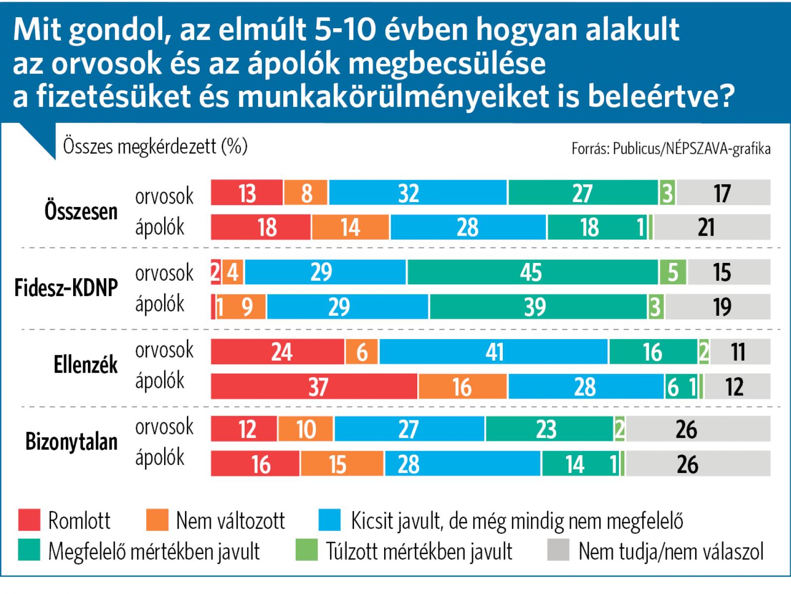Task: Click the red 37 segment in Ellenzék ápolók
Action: pos(314,386)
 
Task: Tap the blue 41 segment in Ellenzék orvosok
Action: pos(493,352)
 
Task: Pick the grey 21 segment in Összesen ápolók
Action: pos(712,227)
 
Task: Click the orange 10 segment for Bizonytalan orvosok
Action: pos(306,428)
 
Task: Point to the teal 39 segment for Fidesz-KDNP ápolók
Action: pos(538,307)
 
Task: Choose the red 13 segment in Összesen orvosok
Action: pos(247,193)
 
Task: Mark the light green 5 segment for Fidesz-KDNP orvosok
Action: pos(673,272)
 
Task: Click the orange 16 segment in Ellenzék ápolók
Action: pos(463,386)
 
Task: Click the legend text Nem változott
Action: pos(230,521)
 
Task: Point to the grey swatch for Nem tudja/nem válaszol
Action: pos(558,551)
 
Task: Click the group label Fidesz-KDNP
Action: pos(66,288)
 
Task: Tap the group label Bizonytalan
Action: pos(71,442)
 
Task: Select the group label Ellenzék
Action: pos(86,365)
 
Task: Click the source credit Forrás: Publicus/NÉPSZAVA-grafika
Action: pos(670,149)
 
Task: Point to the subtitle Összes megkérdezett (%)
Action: pos(155,146)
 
